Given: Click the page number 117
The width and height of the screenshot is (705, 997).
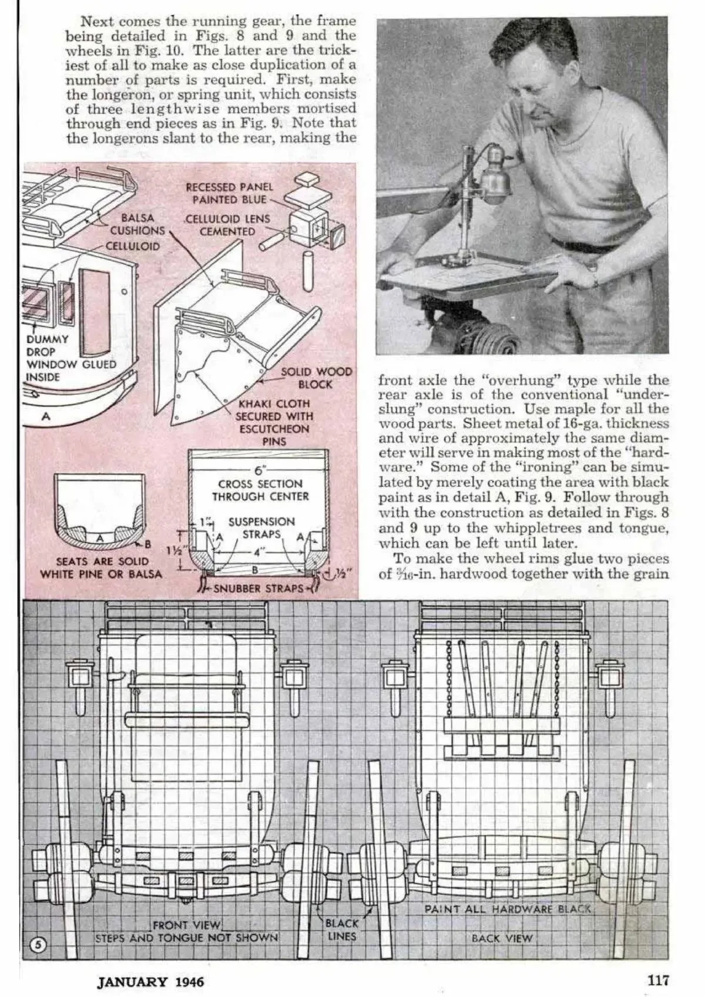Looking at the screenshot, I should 658,979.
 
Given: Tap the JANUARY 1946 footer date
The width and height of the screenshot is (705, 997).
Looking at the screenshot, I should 150,981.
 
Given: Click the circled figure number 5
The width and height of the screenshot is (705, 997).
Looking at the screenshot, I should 38,945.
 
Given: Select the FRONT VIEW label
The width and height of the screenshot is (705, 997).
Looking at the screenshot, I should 186,925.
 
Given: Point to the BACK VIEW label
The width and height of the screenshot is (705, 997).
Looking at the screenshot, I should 502,938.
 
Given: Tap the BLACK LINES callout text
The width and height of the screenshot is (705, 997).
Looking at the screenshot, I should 341,930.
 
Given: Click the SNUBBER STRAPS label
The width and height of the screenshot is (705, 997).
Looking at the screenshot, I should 258,588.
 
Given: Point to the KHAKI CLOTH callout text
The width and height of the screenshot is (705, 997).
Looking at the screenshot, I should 274,422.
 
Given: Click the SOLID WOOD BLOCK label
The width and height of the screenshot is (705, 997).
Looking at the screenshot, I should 316,378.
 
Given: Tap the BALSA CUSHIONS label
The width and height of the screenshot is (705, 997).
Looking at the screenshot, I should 137,225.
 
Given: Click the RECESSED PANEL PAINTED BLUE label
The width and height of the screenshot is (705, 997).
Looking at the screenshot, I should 229,193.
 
